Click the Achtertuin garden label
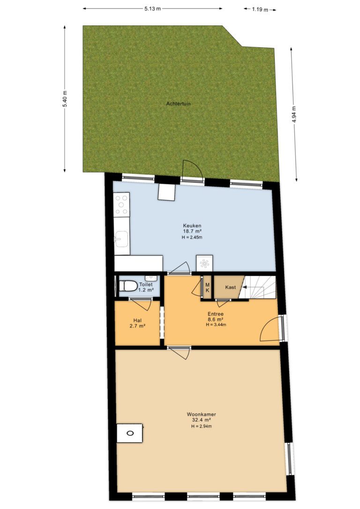coord(178,104)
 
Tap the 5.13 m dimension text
coord(152,9)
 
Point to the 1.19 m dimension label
coord(260,10)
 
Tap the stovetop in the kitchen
coord(122,204)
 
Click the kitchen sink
coord(121,239)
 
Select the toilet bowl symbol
coord(128,286)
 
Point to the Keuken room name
coord(192,225)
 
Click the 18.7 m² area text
coord(192,232)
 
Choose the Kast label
coord(231,287)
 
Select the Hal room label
coord(137,321)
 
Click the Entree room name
coord(216,314)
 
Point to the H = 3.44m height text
coord(216,325)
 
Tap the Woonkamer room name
coord(201,414)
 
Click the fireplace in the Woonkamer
coord(130,433)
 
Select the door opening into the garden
coord(192,170)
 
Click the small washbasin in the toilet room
coord(151,278)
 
